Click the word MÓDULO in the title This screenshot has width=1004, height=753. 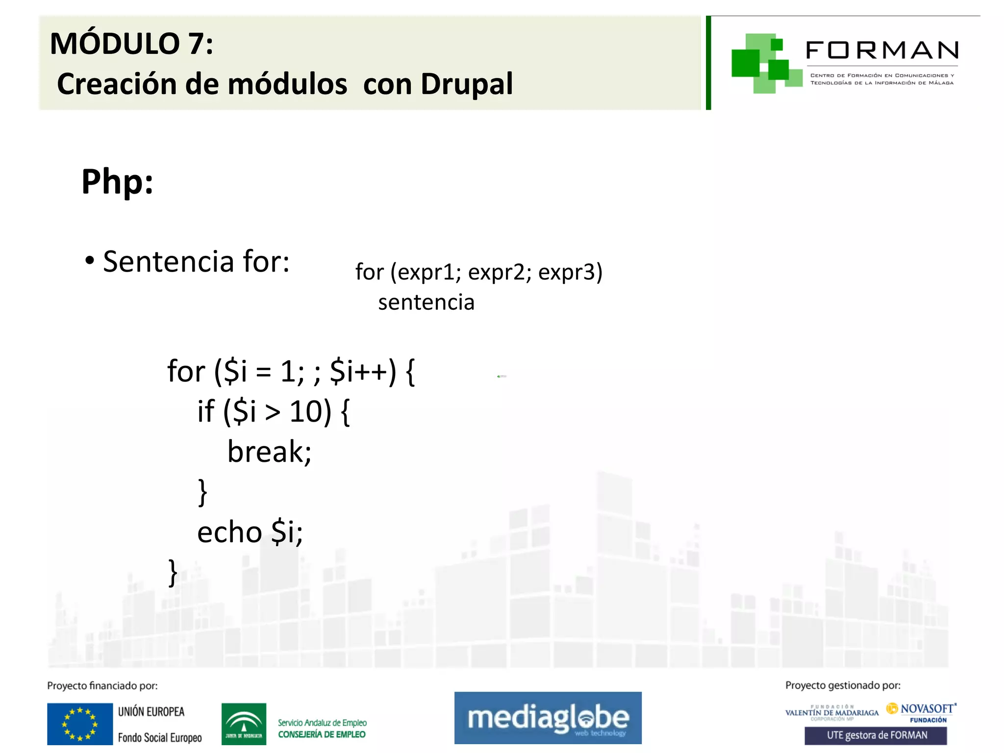tap(115, 44)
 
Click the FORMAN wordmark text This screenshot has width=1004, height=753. tap(881, 50)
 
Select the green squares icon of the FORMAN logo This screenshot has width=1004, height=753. tap(765, 63)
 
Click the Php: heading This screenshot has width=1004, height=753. tap(117, 182)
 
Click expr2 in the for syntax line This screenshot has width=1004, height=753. tap(496, 272)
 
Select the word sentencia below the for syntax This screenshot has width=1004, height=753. tap(426, 302)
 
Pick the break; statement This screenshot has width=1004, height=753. tap(269, 452)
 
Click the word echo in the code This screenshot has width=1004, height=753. tap(229, 532)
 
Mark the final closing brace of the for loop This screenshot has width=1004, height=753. tap(173, 573)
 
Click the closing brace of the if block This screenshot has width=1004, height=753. tap(202, 492)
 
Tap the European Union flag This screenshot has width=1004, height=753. tap(80, 724)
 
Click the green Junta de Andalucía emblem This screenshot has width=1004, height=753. tap(244, 724)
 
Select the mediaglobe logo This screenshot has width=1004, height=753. tap(548, 718)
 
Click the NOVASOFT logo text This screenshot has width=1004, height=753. tap(927, 709)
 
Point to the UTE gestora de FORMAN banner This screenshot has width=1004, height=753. tap(876, 735)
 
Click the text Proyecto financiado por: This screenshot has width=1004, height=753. tap(102, 686)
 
